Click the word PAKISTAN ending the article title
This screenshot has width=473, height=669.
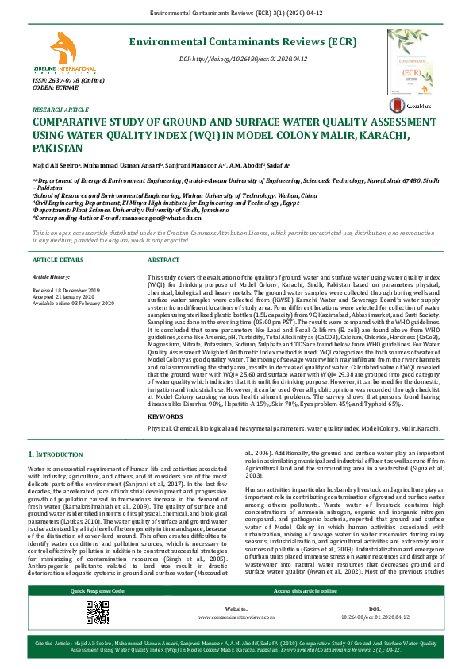click(x=59, y=149)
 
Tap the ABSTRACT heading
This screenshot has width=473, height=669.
click(x=164, y=261)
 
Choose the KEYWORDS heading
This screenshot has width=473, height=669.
click(x=166, y=416)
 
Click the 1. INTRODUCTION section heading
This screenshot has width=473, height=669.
click(x=56, y=453)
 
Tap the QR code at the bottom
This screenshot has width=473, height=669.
click(x=98, y=613)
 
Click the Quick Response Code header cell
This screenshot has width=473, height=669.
click(x=98, y=591)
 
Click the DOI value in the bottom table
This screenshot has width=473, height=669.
click(x=376, y=617)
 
